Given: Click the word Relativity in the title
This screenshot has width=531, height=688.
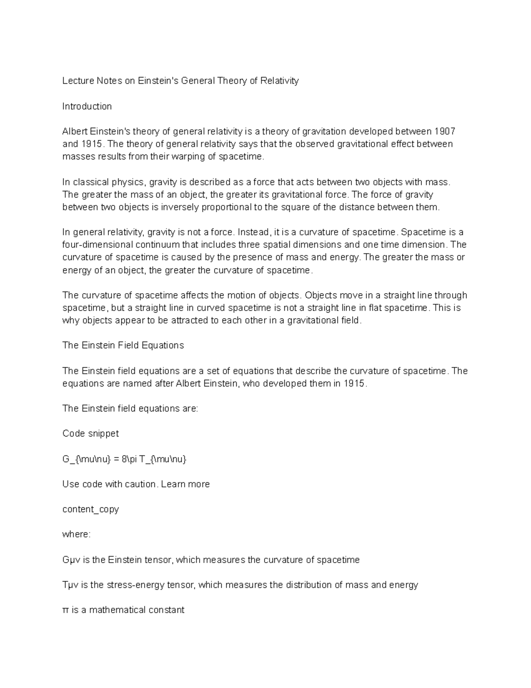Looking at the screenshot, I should (279, 81).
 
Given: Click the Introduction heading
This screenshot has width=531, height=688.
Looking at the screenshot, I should (87, 106).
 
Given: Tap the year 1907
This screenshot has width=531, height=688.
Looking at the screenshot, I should (445, 132).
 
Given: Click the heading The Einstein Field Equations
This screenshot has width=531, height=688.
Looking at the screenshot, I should (123, 346).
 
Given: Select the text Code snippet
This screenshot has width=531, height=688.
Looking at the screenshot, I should (90, 434).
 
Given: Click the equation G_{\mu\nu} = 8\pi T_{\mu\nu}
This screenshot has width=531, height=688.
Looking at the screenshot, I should (124, 459).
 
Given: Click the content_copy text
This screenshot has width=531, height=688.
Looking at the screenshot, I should (90, 509).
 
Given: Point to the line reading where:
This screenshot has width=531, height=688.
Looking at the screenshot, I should (76, 535).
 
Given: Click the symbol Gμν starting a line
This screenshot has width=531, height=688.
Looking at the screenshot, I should (70, 560).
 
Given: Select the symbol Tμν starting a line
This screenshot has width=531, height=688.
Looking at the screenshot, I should (70, 585).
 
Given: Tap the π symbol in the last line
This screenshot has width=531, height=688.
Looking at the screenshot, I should (66, 610).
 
